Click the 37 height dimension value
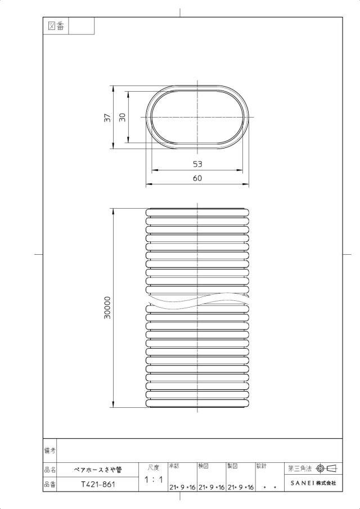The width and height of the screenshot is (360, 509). point(107,118)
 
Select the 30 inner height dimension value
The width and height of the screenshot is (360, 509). point(122,118)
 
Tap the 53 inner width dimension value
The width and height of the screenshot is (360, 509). point(197,164)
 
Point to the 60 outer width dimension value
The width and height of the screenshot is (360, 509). point(197,178)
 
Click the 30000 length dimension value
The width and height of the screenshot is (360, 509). point(107,308)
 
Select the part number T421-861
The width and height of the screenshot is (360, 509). point(98,484)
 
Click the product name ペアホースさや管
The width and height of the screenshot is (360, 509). point(98,470)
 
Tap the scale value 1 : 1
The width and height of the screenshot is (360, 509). point(153,479)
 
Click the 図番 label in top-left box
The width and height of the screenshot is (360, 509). point(56,26)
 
